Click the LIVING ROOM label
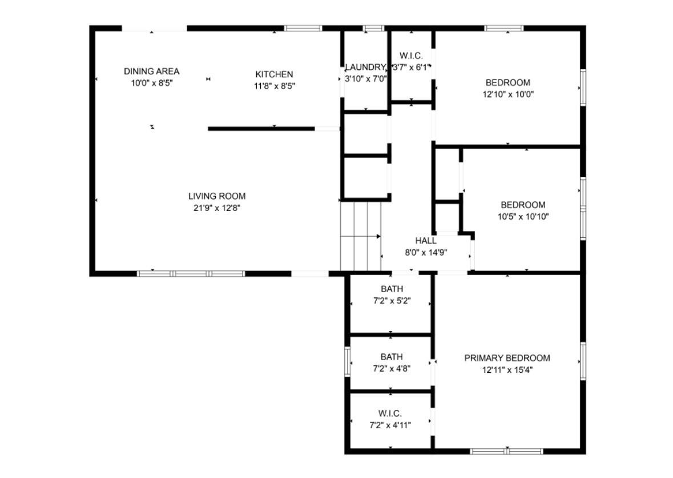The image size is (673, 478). click(217, 196)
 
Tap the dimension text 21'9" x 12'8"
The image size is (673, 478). click(217, 208)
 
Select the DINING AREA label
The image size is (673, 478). click(151, 71)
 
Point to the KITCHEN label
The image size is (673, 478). click(274, 74)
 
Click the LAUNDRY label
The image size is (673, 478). click(365, 67)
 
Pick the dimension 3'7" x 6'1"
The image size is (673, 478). click(411, 67)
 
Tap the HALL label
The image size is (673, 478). click(426, 241)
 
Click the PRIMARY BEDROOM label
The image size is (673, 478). click(507, 358)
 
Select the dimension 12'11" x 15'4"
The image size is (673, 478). click(507, 370)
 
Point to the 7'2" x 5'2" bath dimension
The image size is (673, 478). click(392, 301)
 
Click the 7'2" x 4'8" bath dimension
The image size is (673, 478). click(392, 368)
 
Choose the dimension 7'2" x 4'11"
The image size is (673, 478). click(390, 425)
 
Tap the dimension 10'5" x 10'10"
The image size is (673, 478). click(523, 217)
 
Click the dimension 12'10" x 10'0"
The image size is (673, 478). click(508, 94)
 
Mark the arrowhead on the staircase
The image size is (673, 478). click(378, 236)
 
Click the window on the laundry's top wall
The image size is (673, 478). click(373, 29)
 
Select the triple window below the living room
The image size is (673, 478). click(191, 274)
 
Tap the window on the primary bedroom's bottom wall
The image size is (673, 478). click(506, 451)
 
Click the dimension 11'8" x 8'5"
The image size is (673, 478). click(274, 86)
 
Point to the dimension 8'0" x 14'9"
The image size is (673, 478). click(426, 253)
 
